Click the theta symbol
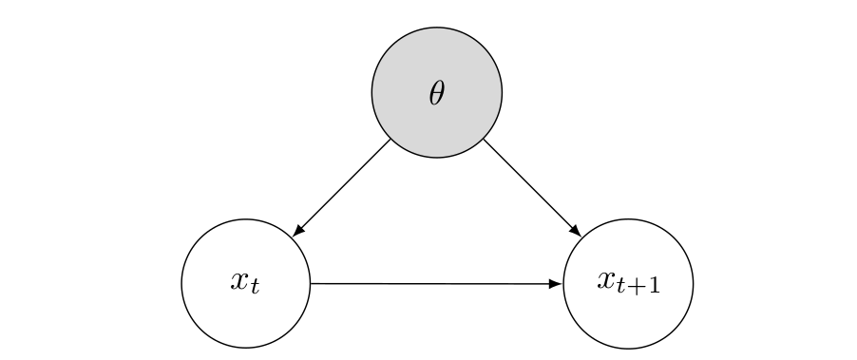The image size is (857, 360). (436, 92)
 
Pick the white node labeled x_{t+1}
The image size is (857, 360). (627, 318)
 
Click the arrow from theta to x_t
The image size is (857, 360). (342, 187)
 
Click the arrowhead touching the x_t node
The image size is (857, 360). (298, 230)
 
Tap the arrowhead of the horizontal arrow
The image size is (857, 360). (557, 283)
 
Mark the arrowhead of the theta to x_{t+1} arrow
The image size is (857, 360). (574, 230)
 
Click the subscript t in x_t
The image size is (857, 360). (255, 286)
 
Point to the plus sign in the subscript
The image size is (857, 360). (637, 286)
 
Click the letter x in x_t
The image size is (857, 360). (239, 280)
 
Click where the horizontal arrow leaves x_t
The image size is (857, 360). (313, 283)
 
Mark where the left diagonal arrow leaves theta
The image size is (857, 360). (390, 140)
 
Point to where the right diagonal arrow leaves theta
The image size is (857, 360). (484, 140)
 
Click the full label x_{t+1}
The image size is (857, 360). (628, 282)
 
